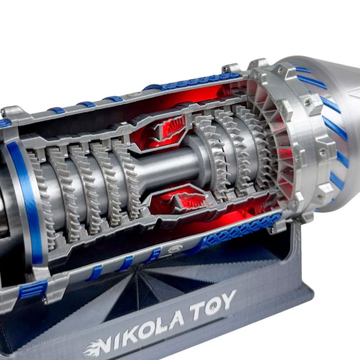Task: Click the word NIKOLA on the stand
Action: (142, 331)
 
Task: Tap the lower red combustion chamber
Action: (181, 200)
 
